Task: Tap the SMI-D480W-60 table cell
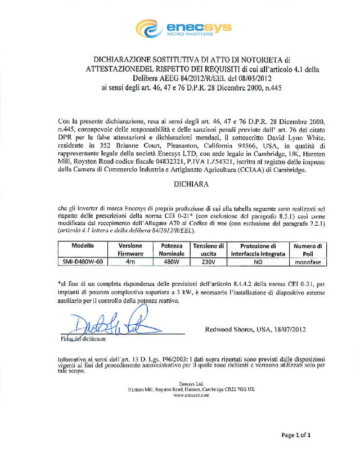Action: click(82, 262)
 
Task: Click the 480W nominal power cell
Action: click(170, 262)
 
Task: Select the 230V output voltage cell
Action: click(208, 262)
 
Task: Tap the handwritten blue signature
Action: click(107, 324)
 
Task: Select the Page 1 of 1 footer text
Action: click(296, 435)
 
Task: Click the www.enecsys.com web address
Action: click(191, 395)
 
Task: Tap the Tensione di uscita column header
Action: click(208, 250)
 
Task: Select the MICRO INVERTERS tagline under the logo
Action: click(190, 34)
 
